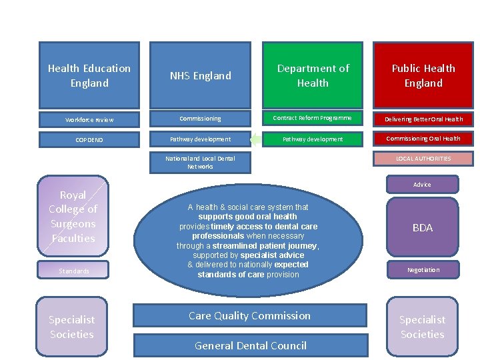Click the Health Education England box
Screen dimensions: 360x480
click(89, 75)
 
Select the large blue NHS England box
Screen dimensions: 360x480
click(200, 75)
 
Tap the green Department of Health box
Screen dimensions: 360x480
click(313, 75)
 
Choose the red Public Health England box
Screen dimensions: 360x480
click(423, 75)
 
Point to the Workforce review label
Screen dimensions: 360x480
click(89, 120)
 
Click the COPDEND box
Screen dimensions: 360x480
click(89, 140)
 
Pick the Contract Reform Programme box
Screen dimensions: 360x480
click(313, 118)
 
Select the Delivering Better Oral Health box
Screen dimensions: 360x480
click(423, 119)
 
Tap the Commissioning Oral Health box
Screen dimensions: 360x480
click(423, 139)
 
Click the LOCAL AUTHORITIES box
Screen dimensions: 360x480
click(423, 159)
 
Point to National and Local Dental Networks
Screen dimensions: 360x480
click(200, 162)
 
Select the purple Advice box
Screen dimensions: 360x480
click(422, 185)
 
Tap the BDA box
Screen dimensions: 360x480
click(422, 227)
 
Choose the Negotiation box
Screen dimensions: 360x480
click(423, 270)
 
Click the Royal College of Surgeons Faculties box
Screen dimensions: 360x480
click(73, 217)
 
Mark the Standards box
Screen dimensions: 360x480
click(73, 271)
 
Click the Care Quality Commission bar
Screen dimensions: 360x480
click(250, 315)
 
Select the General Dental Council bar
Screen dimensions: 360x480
click(250, 345)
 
